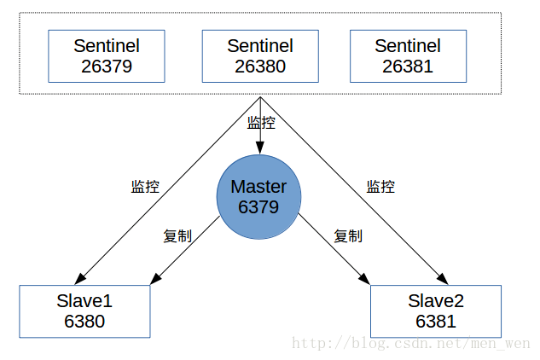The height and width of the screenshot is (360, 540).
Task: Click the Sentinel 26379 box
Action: (107, 55)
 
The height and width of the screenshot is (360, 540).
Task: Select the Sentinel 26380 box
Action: (260, 55)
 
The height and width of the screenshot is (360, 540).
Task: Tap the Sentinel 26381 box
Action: (408, 55)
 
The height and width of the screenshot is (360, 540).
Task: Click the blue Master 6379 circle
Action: (258, 196)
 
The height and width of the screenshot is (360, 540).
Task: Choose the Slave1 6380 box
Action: (84, 311)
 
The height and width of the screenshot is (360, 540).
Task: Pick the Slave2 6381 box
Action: (436, 311)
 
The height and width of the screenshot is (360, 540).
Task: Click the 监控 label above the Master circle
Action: (261, 123)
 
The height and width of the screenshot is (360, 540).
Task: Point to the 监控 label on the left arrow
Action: (145, 187)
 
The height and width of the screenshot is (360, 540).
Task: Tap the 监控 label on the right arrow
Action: (380, 187)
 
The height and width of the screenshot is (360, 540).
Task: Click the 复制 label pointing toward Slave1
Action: (177, 236)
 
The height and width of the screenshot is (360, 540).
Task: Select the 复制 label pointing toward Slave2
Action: (347, 236)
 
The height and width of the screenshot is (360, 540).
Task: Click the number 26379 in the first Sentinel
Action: (107, 66)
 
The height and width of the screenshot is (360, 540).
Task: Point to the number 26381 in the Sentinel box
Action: (408, 66)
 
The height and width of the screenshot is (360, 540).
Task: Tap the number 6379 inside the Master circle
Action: (258, 206)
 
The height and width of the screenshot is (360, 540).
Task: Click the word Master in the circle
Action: (258, 187)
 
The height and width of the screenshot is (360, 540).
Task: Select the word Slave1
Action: (84, 300)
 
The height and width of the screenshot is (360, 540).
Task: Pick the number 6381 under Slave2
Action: (436, 322)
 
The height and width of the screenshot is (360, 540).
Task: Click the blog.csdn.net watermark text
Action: (410, 344)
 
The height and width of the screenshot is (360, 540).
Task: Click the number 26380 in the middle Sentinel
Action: (260, 66)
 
